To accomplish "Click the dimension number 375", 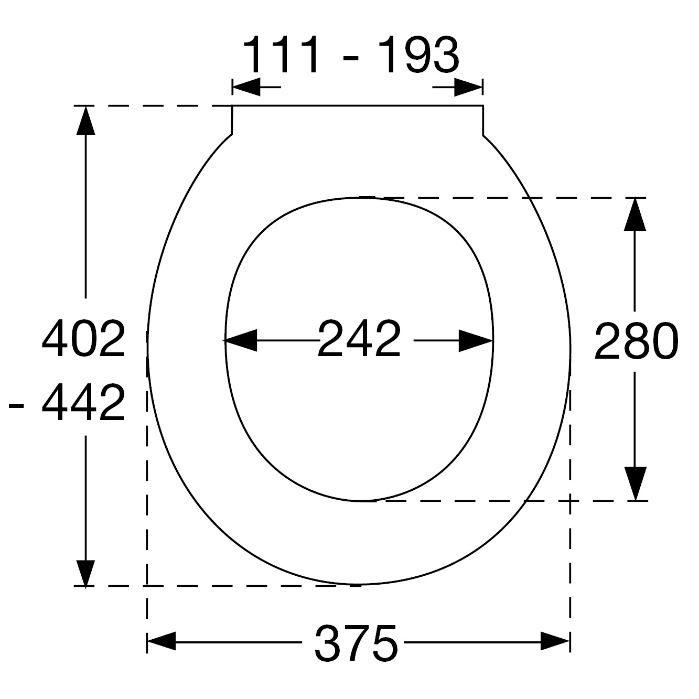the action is pyautogui.click(x=356, y=643).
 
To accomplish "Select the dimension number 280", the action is pyautogui.click(x=636, y=342).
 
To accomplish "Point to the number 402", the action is pyautogui.click(x=83, y=338).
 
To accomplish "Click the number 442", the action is pyautogui.click(x=83, y=403).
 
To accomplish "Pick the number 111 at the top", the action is pyautogui.click(x=281, y=55).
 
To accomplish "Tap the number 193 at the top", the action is pyautogui.click(x=418, y=55).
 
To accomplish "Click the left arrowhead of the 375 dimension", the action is pyautogui.click(x=162, y=643).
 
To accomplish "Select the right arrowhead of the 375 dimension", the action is pyautogui.click(x=555, y=643).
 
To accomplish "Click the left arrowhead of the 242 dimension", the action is pyautogui.click(x=240, y=341).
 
